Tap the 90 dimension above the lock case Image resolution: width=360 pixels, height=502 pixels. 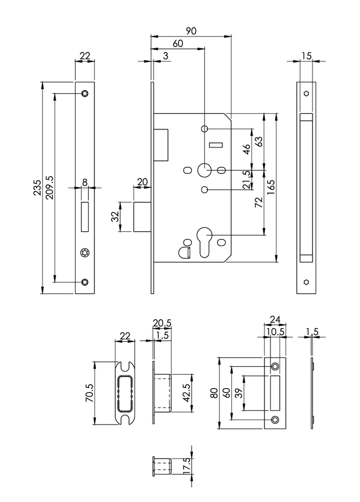pyautogui.click(x=190, y=31)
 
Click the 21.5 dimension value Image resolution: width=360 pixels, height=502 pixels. pyautogui.click(x=246, y=180)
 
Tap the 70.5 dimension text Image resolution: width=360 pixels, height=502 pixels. pyautogui.click(x=88, y=393)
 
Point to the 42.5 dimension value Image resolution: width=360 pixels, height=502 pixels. pyautogui.click(x=186, y=393)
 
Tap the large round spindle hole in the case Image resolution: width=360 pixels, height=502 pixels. pyautogui.click(x=204, y=170)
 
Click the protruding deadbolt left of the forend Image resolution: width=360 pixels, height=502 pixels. pyautogui.click(x=142, y=217)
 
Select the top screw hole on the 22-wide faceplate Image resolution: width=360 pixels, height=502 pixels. pyautogui.click(x=85, y=93)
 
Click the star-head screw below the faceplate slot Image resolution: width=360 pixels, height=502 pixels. pyautogui.click(x=84, y=253)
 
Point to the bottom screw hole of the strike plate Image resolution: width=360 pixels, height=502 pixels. pyautogui.click(x=274, y=419)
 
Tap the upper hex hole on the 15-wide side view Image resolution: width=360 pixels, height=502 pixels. pyautogui.click(x=306, y=93)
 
